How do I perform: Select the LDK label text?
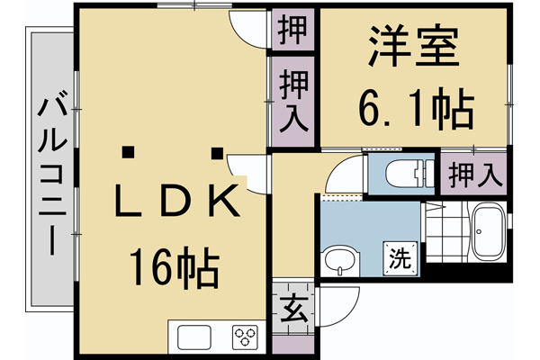point(178,202)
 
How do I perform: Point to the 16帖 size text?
point(173,266)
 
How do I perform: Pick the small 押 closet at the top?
point(293,30)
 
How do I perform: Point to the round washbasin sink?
point(340,263)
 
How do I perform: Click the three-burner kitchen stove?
point(245,337)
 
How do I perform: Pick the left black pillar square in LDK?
point(130,151)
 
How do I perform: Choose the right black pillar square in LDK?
point(217,151)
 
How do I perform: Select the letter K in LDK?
point(225,202)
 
